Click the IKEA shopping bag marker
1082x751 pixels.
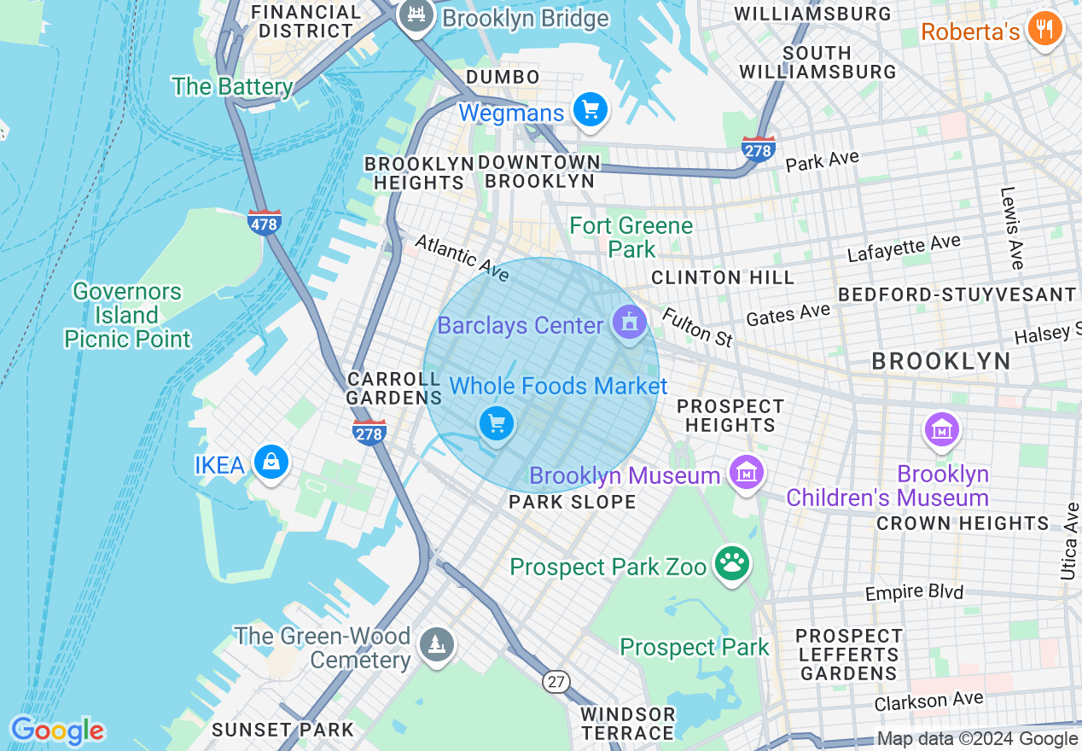[x=270, y=462]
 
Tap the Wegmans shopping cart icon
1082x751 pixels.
[x=590, y=110]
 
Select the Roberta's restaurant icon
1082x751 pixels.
[x=1044, y=30]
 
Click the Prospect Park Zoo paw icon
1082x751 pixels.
[x=732, y=564]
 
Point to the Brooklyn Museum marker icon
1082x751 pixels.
[x=746, y=471]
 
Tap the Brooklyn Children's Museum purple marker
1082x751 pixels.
[x=941, y=429]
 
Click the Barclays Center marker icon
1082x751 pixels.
[x=630, y=323]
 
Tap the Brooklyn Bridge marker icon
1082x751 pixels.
[x=416, y=15]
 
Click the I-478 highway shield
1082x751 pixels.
[x=265, y=222]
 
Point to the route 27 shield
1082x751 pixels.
[x=556, y=681]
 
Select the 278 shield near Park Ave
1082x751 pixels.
[x=758, y=149]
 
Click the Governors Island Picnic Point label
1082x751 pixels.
[x=127, y=315]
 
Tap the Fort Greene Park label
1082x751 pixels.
[x=631, y=237]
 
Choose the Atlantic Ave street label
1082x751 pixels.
[x=462, y=259]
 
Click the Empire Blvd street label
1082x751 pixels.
[x=914, y=592]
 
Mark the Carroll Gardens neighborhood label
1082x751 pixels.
[x=393, y=388]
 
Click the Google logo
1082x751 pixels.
[x=57, y=731]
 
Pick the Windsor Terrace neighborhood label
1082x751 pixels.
[x=627, y=723]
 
